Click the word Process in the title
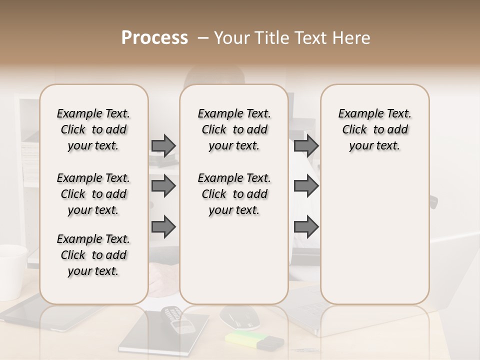(x=154, y=38)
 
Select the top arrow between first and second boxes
(x=163, y=145)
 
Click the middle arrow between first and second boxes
(x=163, y=186)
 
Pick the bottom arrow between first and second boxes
(x=163, y=226)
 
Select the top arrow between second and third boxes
(x=306, y=145)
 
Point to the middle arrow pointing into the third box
(x=306, y=186)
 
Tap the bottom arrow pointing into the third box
(x=306, y=226)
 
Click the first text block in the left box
(x=93, y=129)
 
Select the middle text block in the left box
(x=93, y=194)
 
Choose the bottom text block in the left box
(x=93, y=255)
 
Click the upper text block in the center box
(x=234, y=129)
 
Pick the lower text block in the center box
(x=234, y=194)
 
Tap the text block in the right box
(x=374, y=129)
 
